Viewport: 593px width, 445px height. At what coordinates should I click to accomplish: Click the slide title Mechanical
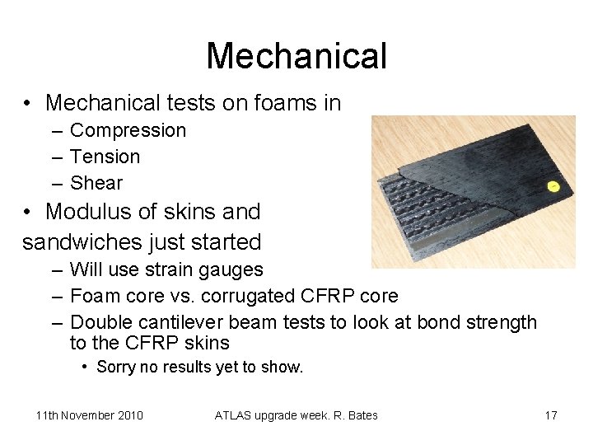point(296,56)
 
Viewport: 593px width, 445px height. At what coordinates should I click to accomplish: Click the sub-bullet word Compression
point(128,130)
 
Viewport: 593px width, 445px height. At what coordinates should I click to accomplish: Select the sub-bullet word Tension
point(105,157)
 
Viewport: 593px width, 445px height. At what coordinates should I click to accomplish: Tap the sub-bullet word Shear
point(96,183)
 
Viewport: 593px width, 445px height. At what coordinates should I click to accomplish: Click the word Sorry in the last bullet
point(116,367)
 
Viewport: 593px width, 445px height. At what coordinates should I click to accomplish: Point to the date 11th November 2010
point(89,415)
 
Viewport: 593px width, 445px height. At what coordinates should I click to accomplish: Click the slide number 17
point(550,415)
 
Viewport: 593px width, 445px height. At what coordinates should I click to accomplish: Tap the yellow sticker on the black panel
point(553,186)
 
